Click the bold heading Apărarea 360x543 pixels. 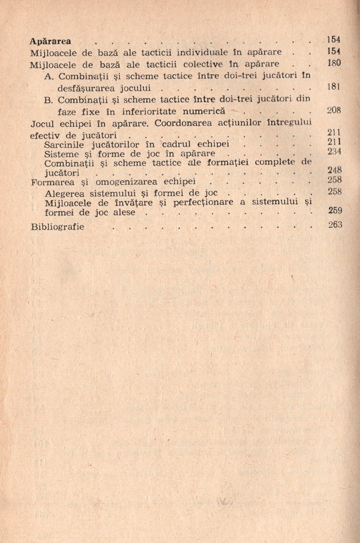point(50,41)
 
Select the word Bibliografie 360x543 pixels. point(57,227)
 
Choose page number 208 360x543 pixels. point(335,110)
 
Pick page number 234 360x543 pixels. point(335,153)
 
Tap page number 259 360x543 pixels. point(335,211)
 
